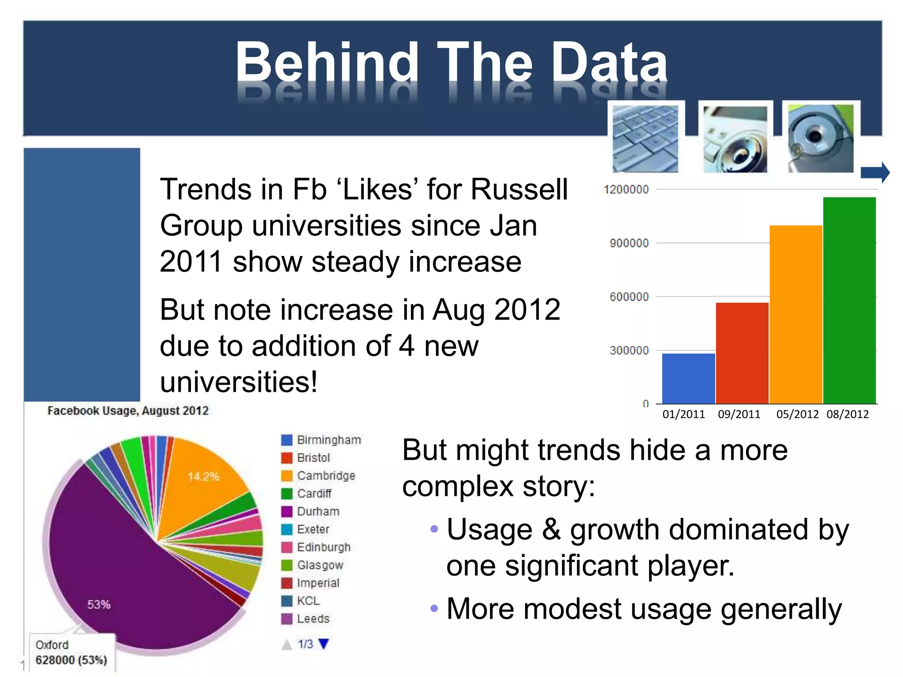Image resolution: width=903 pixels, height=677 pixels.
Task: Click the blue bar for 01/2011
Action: tap(688, 378)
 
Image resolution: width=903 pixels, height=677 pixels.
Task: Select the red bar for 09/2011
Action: tap(742, 353)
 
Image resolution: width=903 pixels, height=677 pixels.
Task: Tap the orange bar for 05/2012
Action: tap(796, 314)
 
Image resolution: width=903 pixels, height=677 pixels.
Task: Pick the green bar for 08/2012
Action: tap(849, 300)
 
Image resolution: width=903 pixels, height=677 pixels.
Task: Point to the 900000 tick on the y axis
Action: tap(629, 243)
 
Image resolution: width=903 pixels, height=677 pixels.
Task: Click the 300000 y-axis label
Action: tap(629, 350)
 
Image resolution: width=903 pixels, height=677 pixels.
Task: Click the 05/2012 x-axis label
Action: tap(797, 414)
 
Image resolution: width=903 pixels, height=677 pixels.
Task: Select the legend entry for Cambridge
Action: tap(325, 476)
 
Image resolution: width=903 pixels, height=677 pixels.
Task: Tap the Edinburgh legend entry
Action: tap(323, 547)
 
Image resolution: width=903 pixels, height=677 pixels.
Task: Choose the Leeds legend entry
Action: tap(313, 619)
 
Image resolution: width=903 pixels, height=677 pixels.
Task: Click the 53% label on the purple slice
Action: tap(99, 604)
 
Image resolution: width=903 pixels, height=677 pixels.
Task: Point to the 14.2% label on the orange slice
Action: tap(203, 476)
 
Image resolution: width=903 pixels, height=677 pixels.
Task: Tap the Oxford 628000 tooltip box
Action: tap(71, 653)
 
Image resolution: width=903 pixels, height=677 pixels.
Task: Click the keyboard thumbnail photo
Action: tap(646, 138)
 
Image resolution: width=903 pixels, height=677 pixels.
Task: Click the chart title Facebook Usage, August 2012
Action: tap(128, 411)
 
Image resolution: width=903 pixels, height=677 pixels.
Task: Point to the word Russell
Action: tap(519, 190)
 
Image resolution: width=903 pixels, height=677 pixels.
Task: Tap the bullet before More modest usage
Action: tap(434, 609)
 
